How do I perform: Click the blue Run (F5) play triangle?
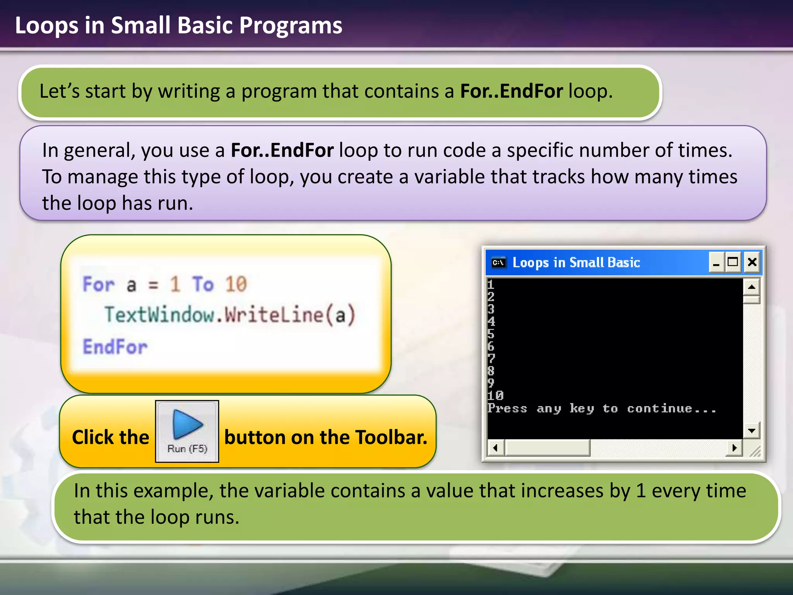click(x=188, y=424)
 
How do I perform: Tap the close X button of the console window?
click(x=752, y=263)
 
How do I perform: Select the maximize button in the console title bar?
click(x=733, y=263)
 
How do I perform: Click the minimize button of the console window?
click(x=716, y=263)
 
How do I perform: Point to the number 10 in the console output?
click(x=495, y=396)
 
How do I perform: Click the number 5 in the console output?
click(x=491, y=334)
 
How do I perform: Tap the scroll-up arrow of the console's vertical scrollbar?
click(x=752, y=287)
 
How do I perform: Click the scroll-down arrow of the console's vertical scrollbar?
click(x=752, y=430)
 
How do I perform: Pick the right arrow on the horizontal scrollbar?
click(x=734, y=448)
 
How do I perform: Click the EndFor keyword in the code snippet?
click(x=115, y=347)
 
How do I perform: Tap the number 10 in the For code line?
click(x=236, y=284)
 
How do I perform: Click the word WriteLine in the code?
click(x=274, y=315)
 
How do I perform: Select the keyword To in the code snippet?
click(x=203, y=284)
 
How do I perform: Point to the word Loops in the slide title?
click(x=46, y=26)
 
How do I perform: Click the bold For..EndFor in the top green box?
click(x=511, y=91)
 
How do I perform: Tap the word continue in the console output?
click(x=659, y=408)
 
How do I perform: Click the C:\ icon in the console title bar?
click(x=499, y=263)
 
